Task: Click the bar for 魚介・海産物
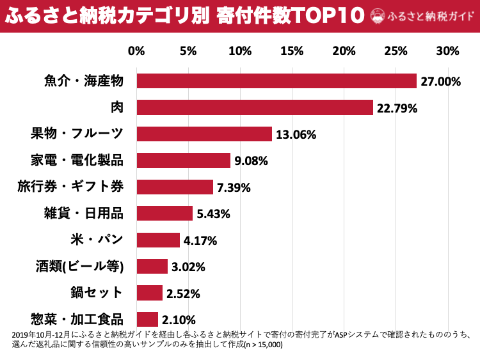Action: pyautogui.click(x=276, y=81)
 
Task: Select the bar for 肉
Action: pyautogui.click(x=255, y=107)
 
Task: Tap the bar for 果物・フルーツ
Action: pyautogui.click(x=204, y=134)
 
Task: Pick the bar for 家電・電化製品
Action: pyautogui.click(x=184, y=160)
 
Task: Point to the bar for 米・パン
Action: pyautogui.click(x=158, y=240)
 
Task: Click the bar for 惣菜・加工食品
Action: pyautogui.click(x=147, y=319)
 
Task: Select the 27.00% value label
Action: pyautogui.click(x=441, y=81)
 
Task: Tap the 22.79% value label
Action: pyautogui.click(x=397, y=108)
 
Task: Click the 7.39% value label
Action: pyautogui.click(x=234, y=187)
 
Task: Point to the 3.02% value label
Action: pyautogui.click(x=188, y=267)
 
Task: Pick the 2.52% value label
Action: pyautogui.click(x=183, y=293)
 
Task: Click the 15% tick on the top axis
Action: pyautogui.click(x=292, y=51)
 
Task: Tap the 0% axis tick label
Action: pyautogui.click(x=136, y=51)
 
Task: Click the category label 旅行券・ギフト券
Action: pyautogui.click(x=70, y=187)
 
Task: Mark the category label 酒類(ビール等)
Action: pyautogui.click(x=79, y=267)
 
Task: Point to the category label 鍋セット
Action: pyautogui.click(x=97, y=293)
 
